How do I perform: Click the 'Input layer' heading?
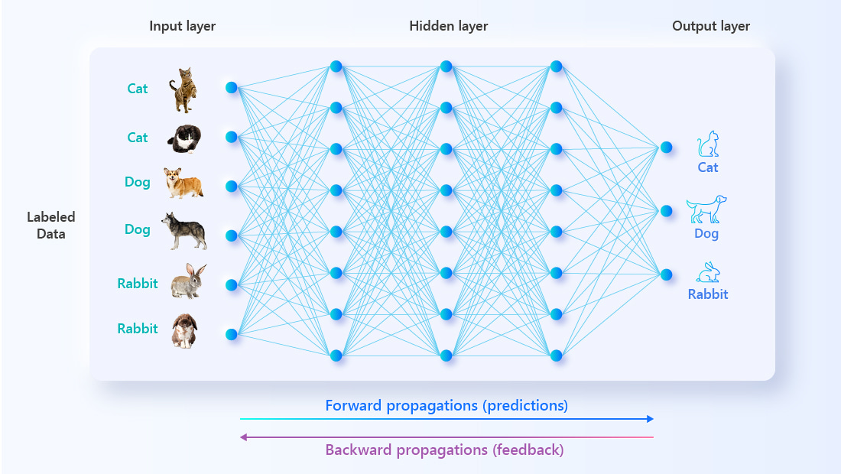pos(183,26)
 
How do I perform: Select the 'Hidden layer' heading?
pos(448,26)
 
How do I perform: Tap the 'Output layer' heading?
pos(711,26)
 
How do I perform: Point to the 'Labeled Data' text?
pos(51,226)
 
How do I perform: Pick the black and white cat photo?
pos(184,139)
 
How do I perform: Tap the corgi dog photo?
pos(183,182)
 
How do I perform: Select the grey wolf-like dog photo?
pos(184,231)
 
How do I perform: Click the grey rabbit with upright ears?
pos(188,281)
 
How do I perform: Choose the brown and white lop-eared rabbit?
pos(184,331)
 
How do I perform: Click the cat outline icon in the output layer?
pos(708,144)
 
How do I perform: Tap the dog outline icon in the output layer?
pos(706,209)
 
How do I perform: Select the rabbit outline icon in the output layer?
pos(708,272)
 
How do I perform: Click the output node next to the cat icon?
pos(666,148)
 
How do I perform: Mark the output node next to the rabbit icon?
pos(666,274)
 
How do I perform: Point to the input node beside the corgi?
pos(231,186)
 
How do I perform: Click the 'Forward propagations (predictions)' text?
pos(446,406)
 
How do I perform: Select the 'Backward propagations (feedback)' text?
pos(445,450)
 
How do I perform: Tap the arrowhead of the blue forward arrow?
pos(651,419)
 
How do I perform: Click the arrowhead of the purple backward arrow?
pos(243,437)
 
